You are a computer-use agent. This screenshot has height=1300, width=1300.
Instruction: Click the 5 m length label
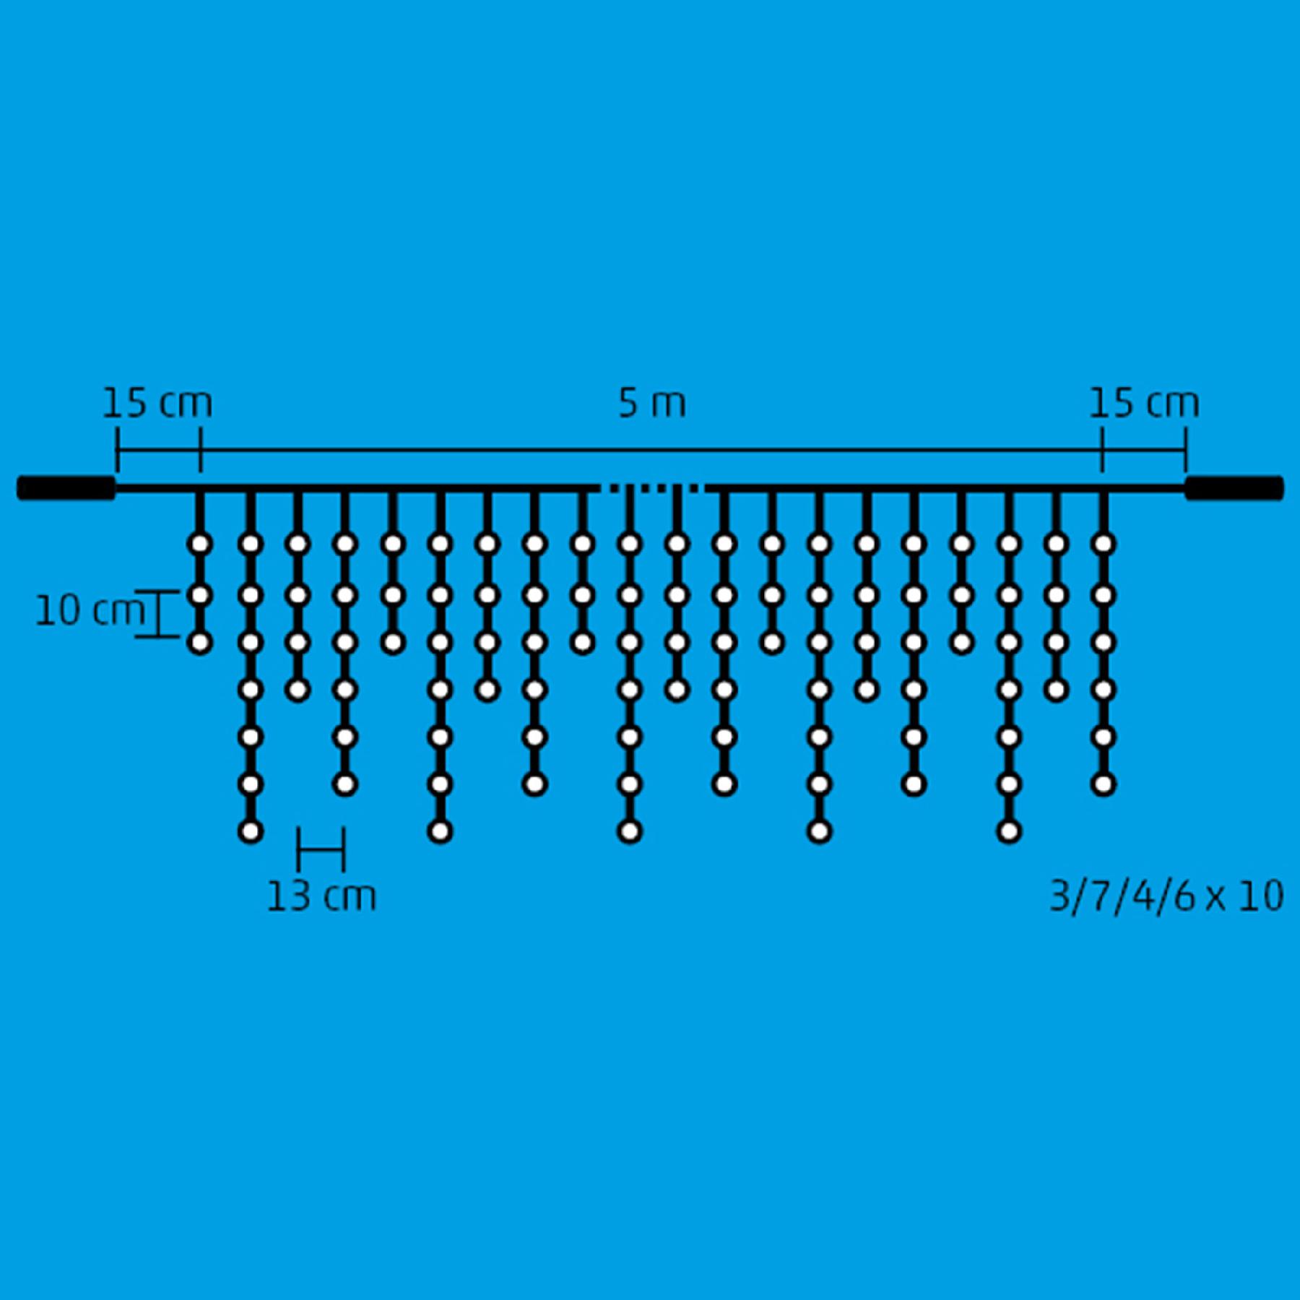652,403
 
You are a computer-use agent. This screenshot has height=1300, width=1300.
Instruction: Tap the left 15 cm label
157,403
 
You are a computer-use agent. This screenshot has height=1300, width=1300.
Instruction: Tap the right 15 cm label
1144,403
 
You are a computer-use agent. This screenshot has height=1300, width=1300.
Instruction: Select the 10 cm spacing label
89,611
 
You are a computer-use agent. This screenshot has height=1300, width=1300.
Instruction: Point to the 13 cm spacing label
321,896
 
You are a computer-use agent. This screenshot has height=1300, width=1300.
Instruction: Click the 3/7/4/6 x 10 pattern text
1166,896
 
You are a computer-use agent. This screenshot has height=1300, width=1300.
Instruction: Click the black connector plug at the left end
66,487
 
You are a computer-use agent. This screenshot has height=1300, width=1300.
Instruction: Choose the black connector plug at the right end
1234,487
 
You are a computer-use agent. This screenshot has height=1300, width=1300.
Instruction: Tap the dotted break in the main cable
651,488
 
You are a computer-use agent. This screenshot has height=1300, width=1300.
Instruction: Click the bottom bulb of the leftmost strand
200,642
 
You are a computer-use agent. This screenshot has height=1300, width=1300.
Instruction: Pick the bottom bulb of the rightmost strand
1103,784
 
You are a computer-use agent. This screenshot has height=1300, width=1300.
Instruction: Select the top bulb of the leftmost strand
200,544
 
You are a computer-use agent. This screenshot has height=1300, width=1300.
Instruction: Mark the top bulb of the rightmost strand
1103,544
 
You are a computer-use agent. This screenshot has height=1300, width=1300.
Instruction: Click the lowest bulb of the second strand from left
250,831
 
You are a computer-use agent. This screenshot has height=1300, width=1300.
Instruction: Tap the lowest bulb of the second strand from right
1056,690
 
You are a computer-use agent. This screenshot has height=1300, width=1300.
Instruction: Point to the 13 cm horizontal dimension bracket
321,849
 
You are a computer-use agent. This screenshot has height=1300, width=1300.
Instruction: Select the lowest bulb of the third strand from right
1009,831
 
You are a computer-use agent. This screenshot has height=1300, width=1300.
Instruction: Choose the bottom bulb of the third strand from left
298,690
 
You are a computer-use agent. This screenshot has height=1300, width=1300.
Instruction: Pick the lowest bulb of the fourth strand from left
345,784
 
